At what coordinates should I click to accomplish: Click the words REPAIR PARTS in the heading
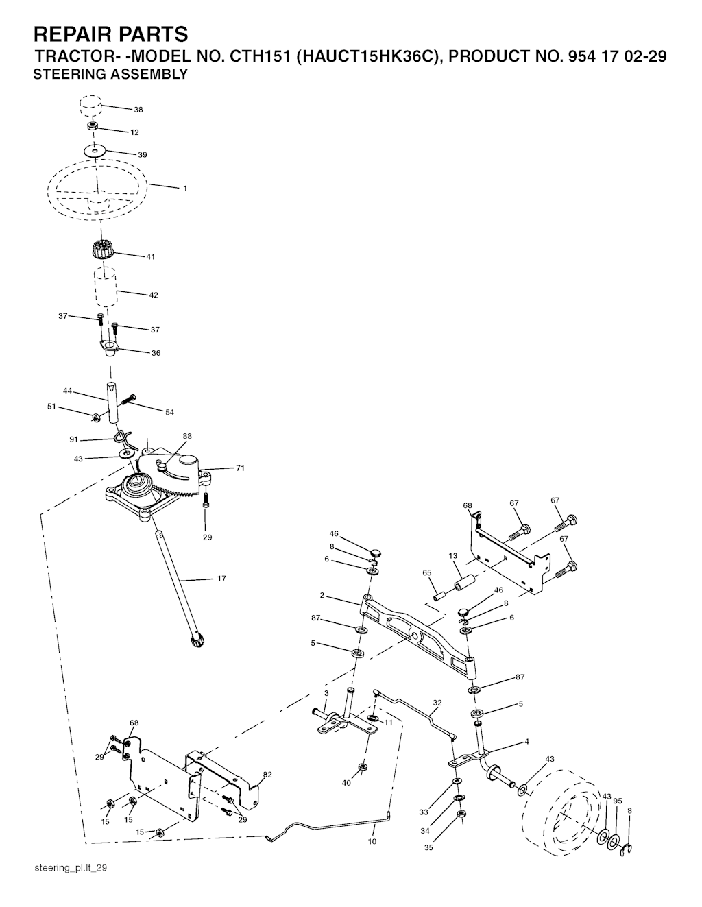110,34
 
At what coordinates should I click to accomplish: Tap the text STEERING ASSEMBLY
110,75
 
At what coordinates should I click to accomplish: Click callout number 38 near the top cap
138,110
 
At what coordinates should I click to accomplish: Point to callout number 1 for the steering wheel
184,189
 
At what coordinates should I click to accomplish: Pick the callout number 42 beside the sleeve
154,295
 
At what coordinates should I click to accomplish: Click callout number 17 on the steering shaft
221,579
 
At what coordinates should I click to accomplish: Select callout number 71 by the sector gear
240,468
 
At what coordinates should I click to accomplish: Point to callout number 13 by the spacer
452,556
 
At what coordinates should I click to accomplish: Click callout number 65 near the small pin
426,572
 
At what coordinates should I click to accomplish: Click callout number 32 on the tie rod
437,703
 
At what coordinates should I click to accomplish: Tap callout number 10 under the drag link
372,841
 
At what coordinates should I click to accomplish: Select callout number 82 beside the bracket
267,775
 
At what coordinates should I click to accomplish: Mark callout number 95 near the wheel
618,801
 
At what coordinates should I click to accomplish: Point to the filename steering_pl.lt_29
71,868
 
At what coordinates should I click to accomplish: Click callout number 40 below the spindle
347,783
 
